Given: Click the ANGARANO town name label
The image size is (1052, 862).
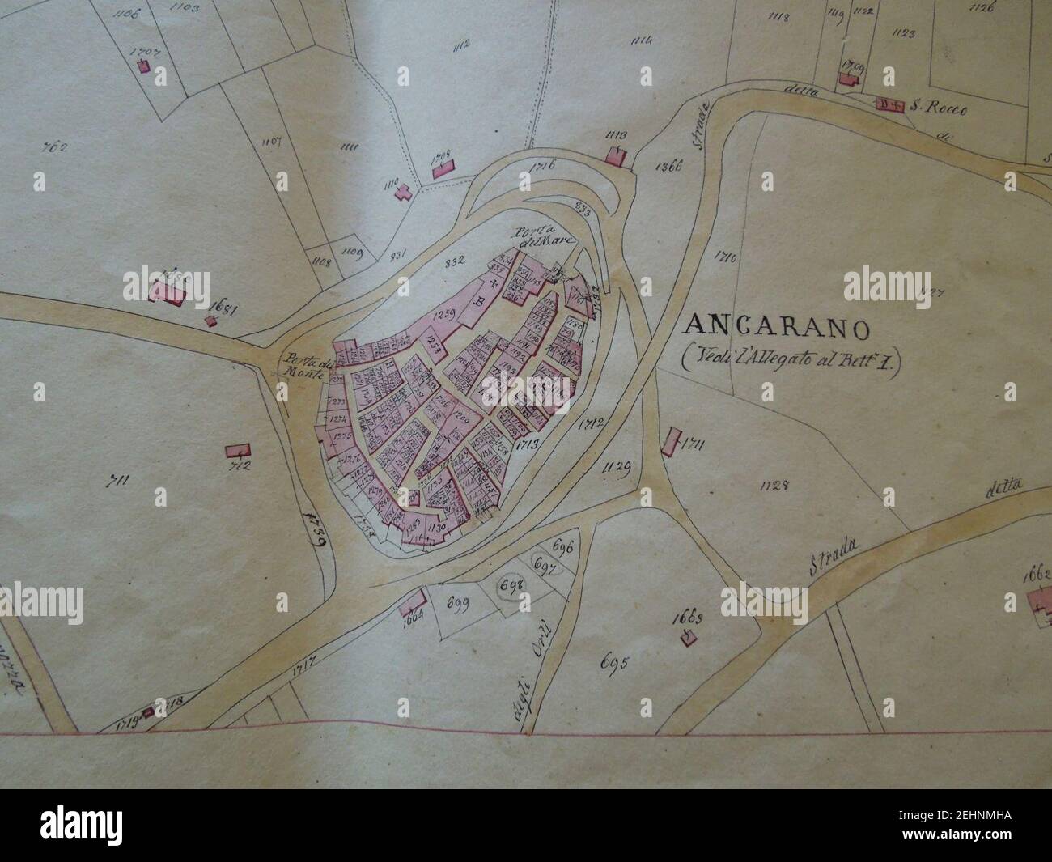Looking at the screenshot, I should click(777, 328).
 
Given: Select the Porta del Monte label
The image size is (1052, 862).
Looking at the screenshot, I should click(303, 366).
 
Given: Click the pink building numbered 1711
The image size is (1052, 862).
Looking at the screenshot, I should click(669, 444).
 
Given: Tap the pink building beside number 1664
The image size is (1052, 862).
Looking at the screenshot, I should click(414, 603).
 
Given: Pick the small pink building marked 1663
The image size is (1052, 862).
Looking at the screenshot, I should click(687, 639).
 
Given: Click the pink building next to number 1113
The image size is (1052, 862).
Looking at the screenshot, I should click(617, 155).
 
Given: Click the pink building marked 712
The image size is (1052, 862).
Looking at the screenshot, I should click(237, 450).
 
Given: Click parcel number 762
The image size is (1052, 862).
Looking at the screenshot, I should click(56, 147).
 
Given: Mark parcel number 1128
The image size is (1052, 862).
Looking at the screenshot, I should click(774, 485).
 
